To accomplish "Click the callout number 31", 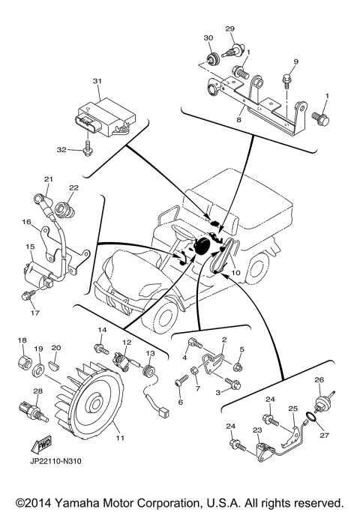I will point(96,81).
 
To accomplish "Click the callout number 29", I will point(230,29).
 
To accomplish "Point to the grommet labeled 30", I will point(212,60).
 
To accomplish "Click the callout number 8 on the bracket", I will point(238,118).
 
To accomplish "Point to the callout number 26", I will point(319,380).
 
